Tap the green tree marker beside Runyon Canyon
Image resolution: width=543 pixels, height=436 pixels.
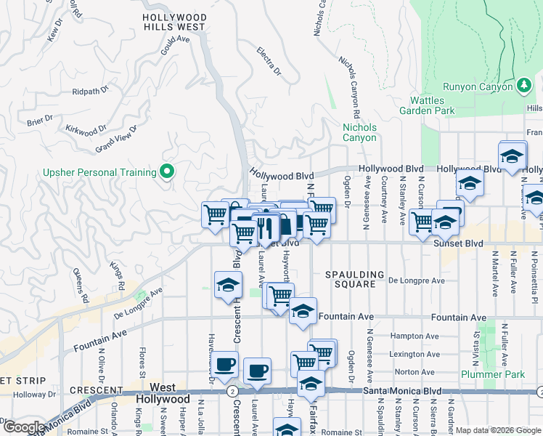click(523, 86)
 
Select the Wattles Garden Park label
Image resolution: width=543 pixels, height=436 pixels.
click(427, 105)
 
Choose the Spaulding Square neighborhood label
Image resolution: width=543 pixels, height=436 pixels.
click(355, 279)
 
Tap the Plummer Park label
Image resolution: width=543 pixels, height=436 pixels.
click(493, 374)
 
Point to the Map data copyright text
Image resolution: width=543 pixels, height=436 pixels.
click(497, 430)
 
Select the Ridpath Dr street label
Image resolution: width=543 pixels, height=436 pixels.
click(90, 92)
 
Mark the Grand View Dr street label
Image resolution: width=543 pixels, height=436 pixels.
click(116, 139)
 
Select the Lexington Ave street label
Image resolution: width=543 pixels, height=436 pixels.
click(415, 355)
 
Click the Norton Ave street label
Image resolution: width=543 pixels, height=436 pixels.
click(415, 372)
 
